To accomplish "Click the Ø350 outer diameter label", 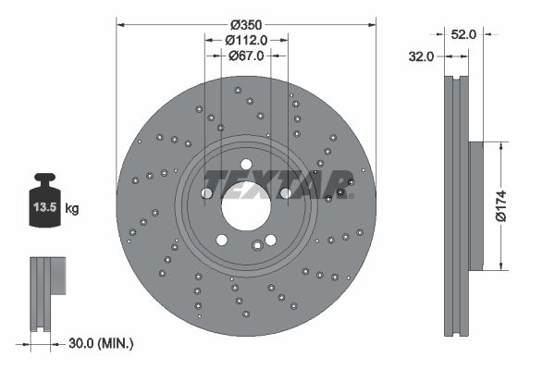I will pyautogui.click(x=246, y=22).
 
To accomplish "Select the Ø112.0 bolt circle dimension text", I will pyautogui.click(x=246, y=40).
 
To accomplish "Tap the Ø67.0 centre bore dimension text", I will pyautogui.click(x=246, y=55).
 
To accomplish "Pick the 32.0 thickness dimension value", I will pyautogui.click(x=421, y=56).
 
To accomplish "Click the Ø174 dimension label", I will pyautogui.click(x=500, y=205).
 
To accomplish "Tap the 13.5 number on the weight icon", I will pyautogui.click(x=45, y=208).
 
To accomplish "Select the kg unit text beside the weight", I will pyautogui.click(x=72, y=209).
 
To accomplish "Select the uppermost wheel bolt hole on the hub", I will pyautogui.click(x=245, y=164).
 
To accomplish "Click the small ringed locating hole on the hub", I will pyautogui.click(x=340, y=194).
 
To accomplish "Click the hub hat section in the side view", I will pyautogui.click(x=475, y=205).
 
